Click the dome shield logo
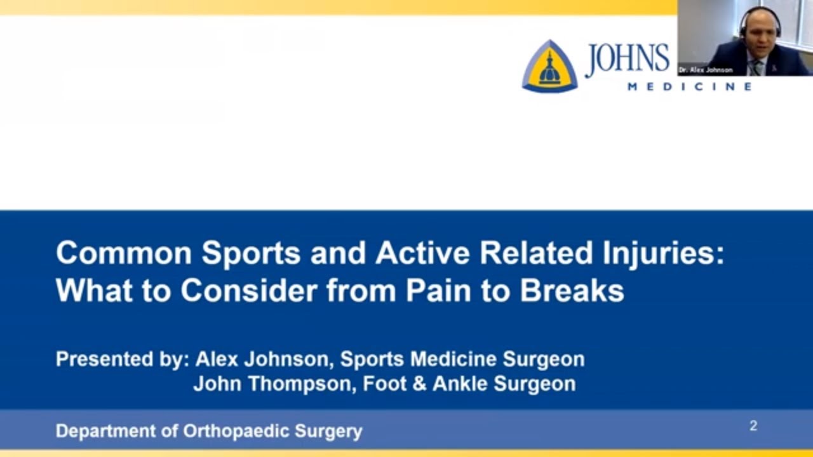point(549,67)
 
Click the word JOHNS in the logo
point(627,59)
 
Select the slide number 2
point(753,426)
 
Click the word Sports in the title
point(252,253)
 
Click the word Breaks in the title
point(572,290)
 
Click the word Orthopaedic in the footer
point(236,432)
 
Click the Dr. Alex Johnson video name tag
point(705,70)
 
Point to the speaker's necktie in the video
point(758,65)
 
